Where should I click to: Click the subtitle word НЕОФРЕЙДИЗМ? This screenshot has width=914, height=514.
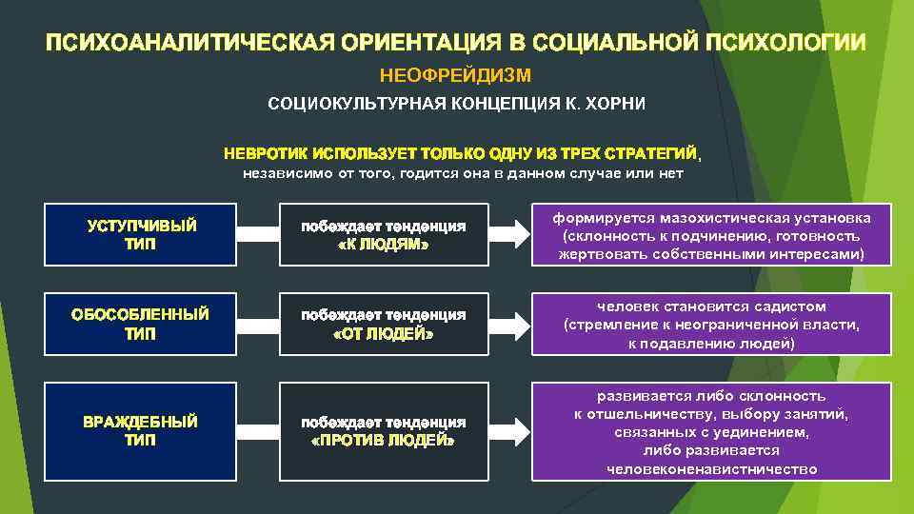tap(455, 74)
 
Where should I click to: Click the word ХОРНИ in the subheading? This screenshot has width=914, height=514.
tap(607, 103)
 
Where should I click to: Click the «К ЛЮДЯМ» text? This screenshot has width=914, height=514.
tap(383, 245)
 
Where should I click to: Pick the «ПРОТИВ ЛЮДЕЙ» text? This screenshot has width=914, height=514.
tap(383, 442)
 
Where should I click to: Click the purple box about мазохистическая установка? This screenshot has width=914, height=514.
tap(712, 234)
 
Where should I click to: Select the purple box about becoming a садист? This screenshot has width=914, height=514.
tap(712, 324)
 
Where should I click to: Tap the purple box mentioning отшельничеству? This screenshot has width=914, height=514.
tap(712, 431)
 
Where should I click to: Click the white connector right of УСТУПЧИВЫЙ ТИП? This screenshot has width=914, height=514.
tap(256, 234)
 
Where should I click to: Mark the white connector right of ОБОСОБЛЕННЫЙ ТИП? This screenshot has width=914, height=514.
tap(256, 324)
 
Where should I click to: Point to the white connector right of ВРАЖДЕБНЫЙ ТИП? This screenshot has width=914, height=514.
tap(256, 431)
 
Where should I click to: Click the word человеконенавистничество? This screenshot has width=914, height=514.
tap(712, 468)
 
